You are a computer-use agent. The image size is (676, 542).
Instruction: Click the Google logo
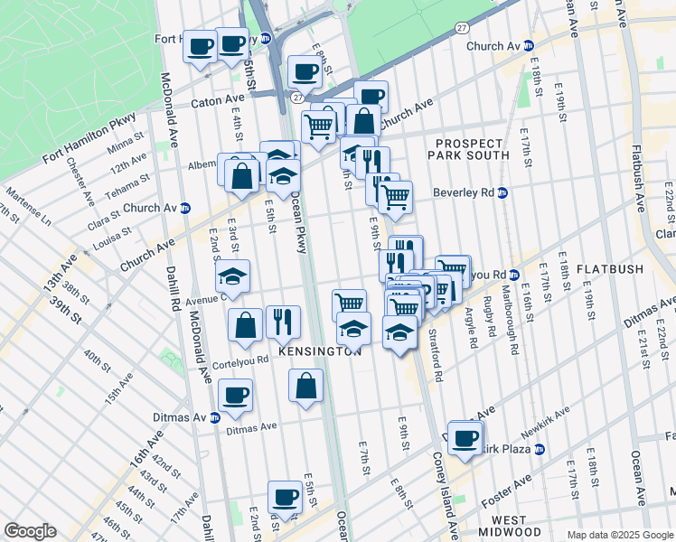[30, 530]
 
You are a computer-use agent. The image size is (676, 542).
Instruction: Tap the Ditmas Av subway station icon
[214, 417]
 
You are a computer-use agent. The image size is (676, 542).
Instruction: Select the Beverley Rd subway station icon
[503, 192]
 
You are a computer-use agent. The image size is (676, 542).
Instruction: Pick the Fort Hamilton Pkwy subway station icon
[266, 39]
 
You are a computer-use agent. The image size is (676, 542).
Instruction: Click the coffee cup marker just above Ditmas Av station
[236, 395]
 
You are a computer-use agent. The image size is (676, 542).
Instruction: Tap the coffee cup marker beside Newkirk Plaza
[466, 438]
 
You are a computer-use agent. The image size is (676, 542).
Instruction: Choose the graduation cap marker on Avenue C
[233, 276]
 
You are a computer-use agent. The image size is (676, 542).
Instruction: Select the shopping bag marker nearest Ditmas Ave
[306, 386]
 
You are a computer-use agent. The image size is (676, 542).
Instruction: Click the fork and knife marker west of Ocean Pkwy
[284, 321]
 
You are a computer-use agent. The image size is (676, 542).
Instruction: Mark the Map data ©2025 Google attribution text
[619, 535]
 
